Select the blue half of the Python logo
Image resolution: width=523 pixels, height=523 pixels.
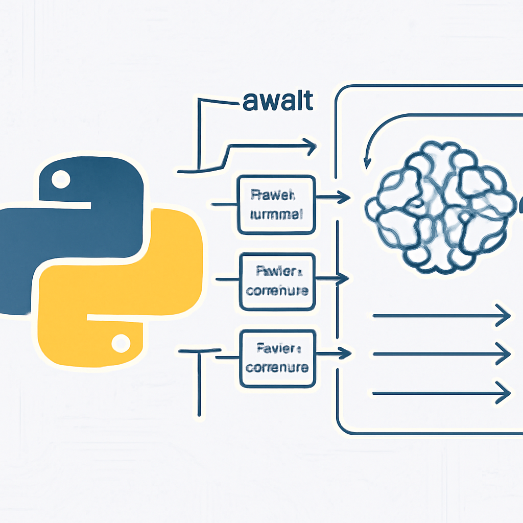77,220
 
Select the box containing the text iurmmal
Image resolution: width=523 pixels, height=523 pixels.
276,204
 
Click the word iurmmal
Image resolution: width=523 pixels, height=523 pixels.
276,214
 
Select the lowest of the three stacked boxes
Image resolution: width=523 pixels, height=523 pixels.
277,358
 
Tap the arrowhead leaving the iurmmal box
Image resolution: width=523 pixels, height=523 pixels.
345,197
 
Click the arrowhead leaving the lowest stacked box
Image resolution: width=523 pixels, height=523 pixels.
347,352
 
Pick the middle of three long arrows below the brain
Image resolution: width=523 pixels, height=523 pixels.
442,353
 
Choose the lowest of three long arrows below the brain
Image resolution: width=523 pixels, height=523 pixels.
442,393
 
